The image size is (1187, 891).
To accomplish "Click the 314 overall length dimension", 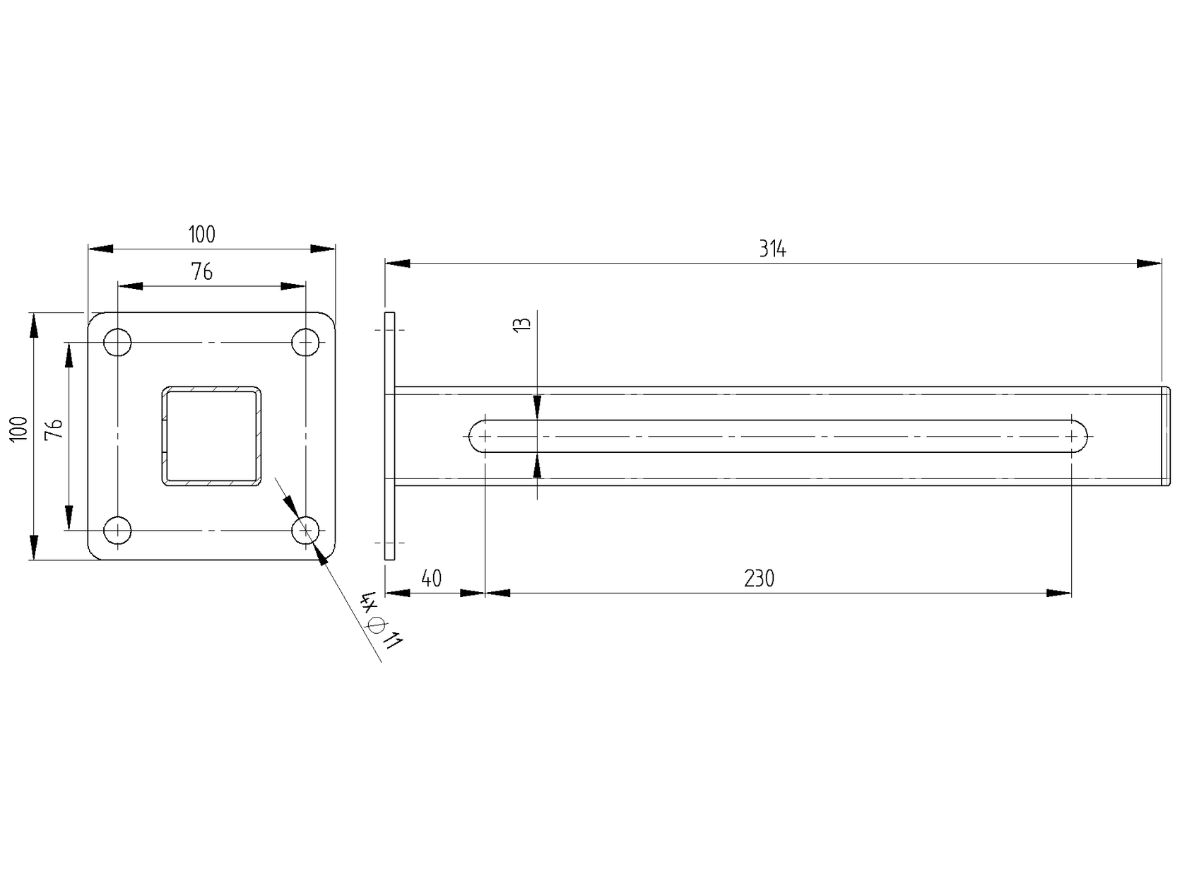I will [x=772, y=249].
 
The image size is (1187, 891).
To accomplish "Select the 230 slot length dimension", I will [x=759, y=579].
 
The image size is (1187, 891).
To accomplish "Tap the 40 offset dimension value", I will [x=431, y=578].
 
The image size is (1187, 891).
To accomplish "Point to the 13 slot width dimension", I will [x=522, y=324].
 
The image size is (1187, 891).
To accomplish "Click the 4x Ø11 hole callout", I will [x=382, y=620].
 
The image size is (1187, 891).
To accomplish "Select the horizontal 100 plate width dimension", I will [x=201, y=234].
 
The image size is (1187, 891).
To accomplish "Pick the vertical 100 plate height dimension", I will [x=19, y=429].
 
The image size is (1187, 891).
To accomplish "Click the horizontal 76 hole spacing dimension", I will [x=202, y=271].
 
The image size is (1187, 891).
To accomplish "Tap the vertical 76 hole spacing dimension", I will [x=55, y=429].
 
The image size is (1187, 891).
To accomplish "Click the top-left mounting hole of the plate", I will [x=118, y=343].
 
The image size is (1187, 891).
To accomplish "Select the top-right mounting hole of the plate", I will [x=305, y=343].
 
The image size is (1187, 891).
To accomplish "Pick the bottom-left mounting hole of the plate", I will [x=118, y=530].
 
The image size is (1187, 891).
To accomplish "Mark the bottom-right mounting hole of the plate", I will [x=305, y=530].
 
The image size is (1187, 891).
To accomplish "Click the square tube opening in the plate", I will [x=211, y=436].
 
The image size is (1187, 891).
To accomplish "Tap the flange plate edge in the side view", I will [x=389, y=436].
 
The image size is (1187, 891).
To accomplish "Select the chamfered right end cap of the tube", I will [x=1166, y=436].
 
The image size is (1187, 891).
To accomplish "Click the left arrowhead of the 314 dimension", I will [x=398, y=264].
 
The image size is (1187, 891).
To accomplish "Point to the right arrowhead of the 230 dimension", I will [x=1059, y=593].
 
